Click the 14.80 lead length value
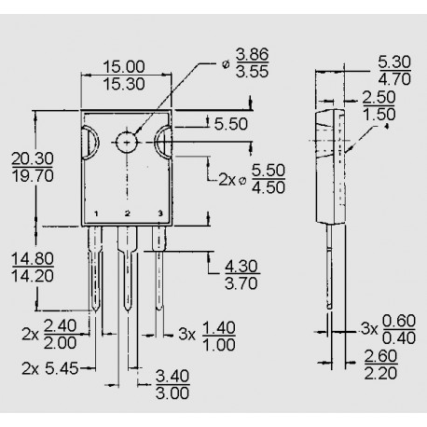(34, 256)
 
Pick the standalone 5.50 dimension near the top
(229, 122)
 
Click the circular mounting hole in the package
(125, 142)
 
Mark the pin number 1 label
(96, 213)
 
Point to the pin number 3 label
(159, 213)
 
